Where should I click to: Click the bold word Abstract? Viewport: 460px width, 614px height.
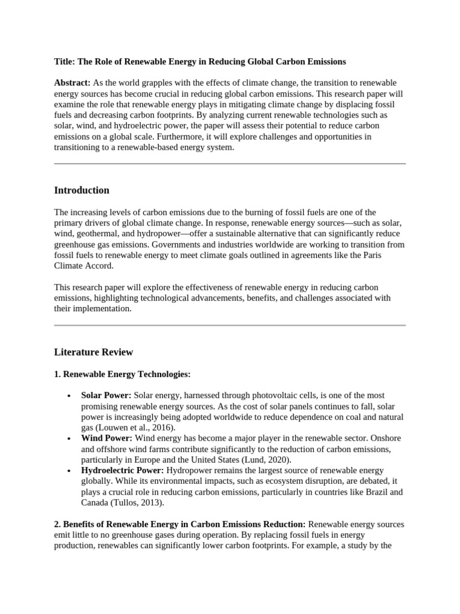click(x=72, y=82)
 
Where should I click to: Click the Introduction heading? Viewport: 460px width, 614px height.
click(x=81, y=190)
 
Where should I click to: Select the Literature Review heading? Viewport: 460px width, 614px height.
click(x=93, y=352)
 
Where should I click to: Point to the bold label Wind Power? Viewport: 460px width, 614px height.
click(x=105, y=438)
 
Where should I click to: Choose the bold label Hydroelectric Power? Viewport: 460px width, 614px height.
click(x=122, y=470)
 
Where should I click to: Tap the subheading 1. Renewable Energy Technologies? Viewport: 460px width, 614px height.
click(x=122, y=374)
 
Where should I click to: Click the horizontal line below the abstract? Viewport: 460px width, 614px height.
click(x=230, y=163)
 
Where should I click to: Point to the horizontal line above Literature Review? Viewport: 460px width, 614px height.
click(x=230, y=325)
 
